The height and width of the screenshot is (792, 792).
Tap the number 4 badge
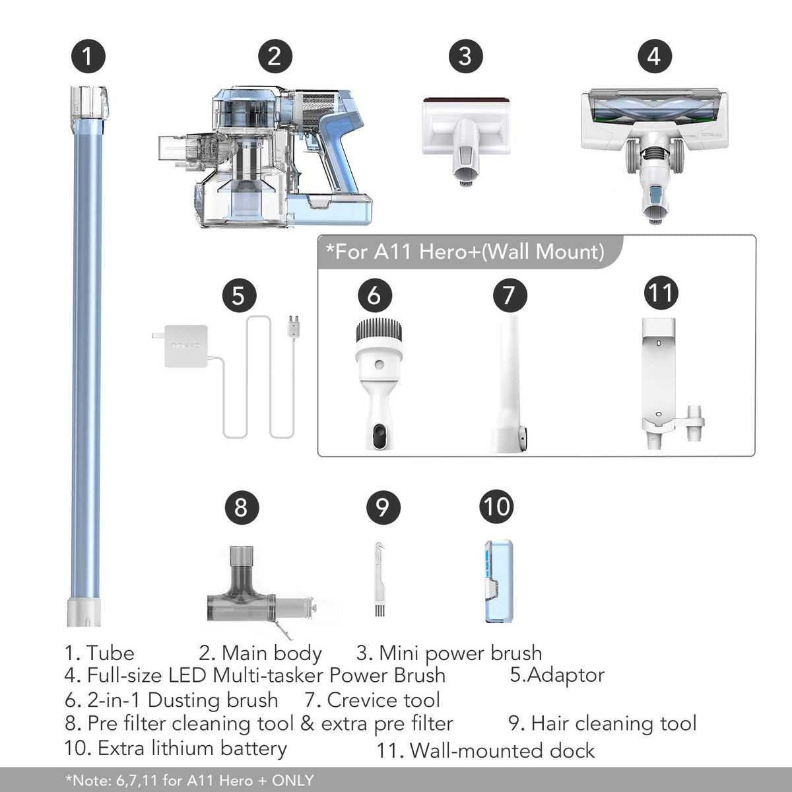(653, 56)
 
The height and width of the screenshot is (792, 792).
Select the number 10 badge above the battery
(496, 507)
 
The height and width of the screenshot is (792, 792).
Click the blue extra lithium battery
(498, 581)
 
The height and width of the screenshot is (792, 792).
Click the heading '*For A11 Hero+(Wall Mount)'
(465, 252)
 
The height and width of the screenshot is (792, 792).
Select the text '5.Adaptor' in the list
(557, 675)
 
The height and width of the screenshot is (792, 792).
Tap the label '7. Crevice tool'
(372, 700)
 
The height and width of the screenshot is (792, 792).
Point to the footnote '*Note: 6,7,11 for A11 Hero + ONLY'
(190, 780)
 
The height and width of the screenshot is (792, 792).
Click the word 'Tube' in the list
(110, 653)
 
